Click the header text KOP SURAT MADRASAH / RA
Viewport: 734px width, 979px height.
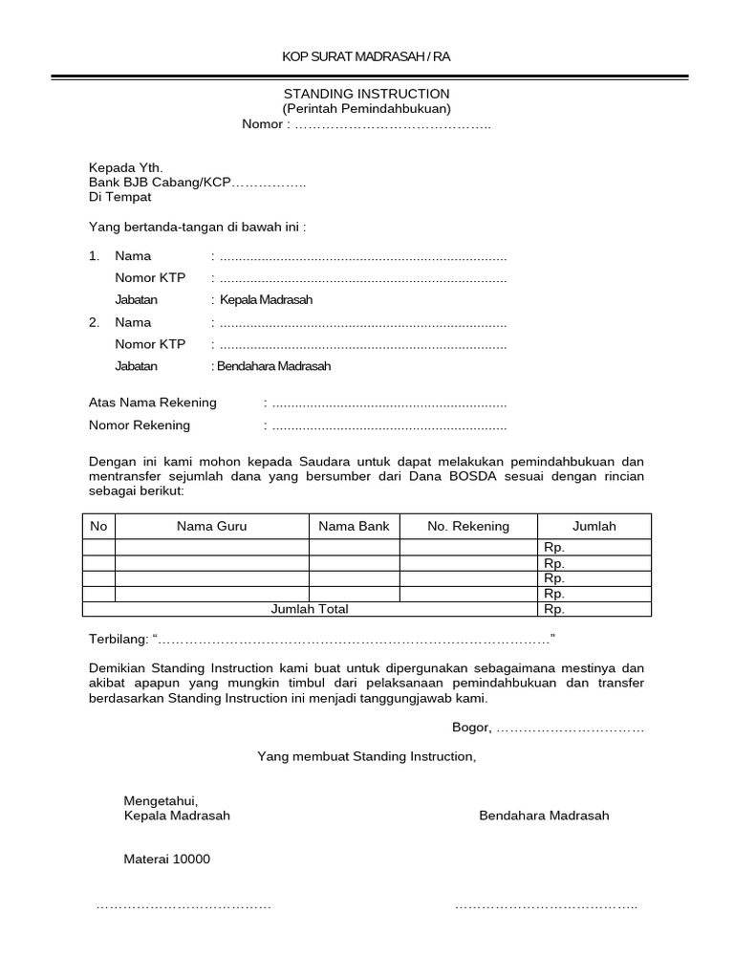coord(366,57)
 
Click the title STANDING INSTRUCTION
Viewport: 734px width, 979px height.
coord(366,94)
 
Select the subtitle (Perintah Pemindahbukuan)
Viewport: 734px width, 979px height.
coord(366,109)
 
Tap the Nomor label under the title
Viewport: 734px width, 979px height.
coord(263,124)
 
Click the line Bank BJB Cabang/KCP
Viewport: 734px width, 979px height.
coord(161,182)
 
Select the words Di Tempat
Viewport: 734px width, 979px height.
coord(119,197)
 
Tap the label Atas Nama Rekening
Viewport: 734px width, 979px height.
coord(153,402)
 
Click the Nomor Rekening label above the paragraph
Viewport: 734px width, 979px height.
coord(140,425)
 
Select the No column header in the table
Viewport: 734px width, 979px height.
coord(98,526)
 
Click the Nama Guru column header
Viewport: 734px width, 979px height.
coord(211,526)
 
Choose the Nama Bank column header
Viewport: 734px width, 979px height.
coord(354,526)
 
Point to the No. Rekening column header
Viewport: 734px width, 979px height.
coord(468,526)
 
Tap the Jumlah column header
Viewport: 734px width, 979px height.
coord(594,526)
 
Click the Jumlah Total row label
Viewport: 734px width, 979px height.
coord(310,609)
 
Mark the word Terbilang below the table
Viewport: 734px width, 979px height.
coord(118,638)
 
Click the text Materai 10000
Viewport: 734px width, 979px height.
coord(167,859)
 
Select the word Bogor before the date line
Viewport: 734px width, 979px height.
coord(471,729)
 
